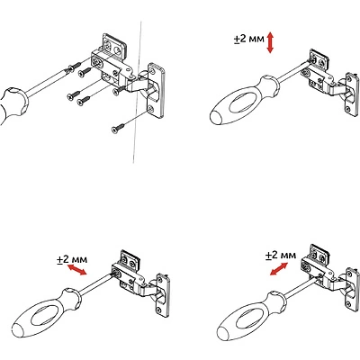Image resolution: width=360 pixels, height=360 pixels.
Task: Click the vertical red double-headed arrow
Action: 270,42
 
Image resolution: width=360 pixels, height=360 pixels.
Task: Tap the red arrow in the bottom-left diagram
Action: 76,269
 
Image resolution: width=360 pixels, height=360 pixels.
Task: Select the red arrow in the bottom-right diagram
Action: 279,268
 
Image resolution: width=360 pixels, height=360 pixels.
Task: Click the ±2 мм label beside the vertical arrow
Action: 249,40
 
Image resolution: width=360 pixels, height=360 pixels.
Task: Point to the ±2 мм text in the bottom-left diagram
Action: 72,259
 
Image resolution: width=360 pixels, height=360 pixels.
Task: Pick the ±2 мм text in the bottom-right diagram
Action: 281,256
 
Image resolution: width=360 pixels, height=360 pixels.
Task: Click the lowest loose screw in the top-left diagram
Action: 119,128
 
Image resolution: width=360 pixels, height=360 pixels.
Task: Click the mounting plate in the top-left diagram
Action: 156,90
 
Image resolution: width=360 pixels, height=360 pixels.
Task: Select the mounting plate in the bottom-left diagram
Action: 163,295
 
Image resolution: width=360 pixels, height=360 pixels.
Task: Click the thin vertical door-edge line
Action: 138,92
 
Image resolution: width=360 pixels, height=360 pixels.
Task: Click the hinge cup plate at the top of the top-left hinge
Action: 114,45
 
